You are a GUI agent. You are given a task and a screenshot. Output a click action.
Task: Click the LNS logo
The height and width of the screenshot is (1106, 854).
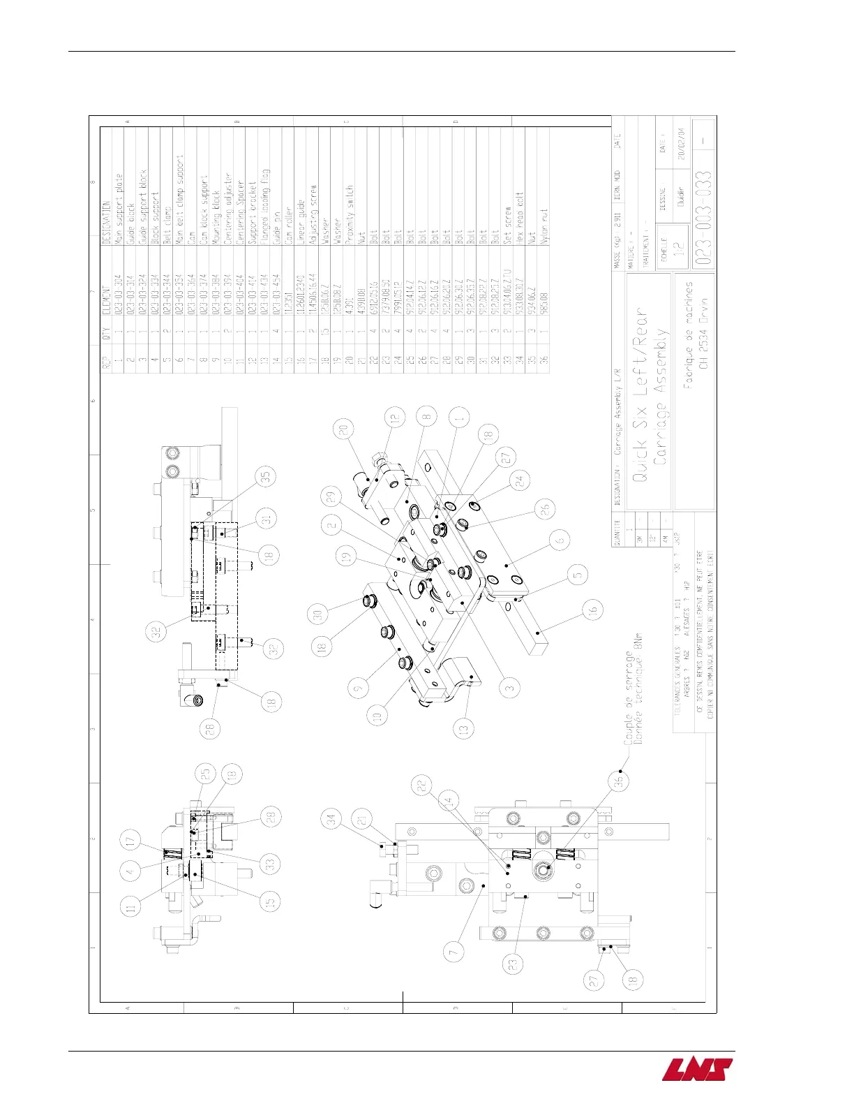coord(697,1070)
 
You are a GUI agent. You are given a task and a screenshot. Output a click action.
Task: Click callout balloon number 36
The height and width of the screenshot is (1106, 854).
coord(618,782)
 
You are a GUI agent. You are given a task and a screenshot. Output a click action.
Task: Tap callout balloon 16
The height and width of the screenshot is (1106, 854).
coord(592,610)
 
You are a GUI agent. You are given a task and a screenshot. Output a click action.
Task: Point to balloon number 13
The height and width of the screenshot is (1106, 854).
coord(464,728)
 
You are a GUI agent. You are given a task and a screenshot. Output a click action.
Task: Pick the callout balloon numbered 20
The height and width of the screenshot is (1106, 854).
coord(343,431)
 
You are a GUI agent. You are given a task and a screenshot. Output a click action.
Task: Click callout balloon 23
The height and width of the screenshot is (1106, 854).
coord(513,964)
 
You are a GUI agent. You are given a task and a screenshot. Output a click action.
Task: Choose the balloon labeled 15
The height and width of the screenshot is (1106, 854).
coord(271,901)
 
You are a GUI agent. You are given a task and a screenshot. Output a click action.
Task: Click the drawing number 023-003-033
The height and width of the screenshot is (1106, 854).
coord(703,216)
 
